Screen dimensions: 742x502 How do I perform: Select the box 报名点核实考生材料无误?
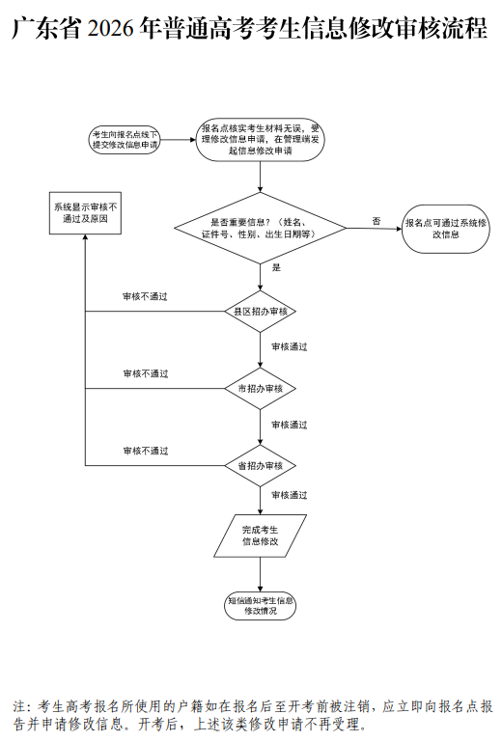point(260,139)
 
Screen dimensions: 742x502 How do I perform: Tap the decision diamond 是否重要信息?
point(260,228)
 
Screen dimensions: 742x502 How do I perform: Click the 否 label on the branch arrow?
point(376,221)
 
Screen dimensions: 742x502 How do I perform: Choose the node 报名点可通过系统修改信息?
point(445,229)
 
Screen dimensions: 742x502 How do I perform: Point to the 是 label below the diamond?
point(276,267)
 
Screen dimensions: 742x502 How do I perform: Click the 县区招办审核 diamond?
point(260,312)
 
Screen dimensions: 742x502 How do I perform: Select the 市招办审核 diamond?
point(260,388)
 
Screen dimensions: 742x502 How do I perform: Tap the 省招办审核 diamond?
point(260,465)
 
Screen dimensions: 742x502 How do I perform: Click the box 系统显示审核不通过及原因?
point(86,213)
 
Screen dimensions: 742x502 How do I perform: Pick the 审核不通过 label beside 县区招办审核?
point(145,297)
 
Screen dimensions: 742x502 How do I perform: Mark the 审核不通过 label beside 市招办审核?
point(145,373)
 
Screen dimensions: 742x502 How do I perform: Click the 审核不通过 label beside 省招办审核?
point(145,451)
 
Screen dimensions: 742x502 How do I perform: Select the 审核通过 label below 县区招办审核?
point(290,346)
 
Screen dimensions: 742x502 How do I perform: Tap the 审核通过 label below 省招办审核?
point(290,495)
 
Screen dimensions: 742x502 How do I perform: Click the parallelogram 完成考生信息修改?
point(260,536)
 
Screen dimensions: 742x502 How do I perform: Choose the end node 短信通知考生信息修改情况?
point(260,606)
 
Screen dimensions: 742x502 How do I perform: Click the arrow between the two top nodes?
point(179,140)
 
